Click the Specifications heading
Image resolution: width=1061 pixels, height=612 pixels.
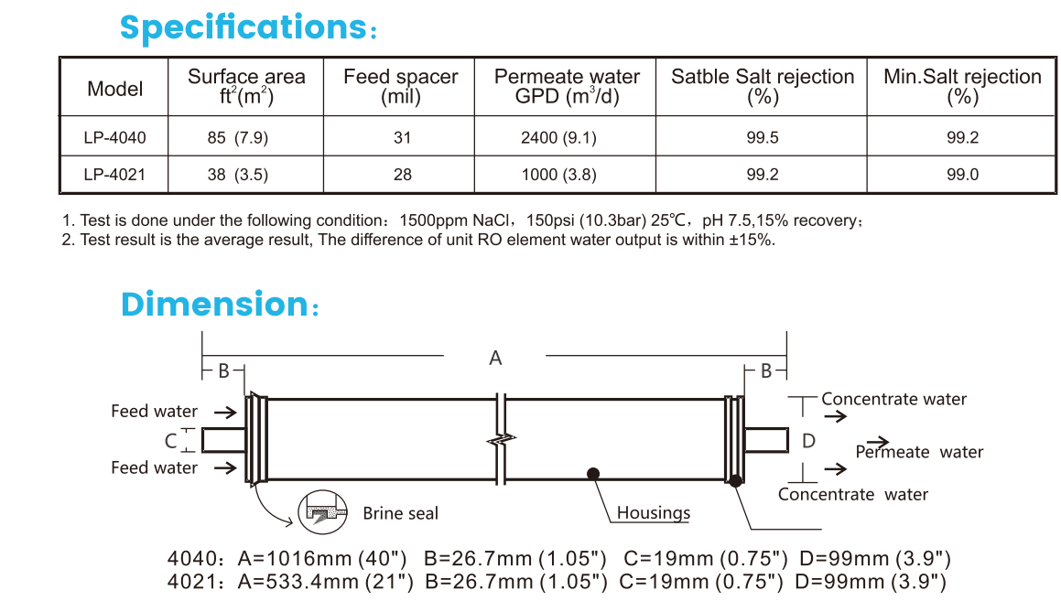point(248,27)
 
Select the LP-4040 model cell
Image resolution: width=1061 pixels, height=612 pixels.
point(115,138)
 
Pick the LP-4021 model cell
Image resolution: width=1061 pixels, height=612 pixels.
point(115,175)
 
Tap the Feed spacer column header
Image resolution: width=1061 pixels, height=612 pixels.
point(401,86)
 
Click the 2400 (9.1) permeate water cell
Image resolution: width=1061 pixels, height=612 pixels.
point(559,138)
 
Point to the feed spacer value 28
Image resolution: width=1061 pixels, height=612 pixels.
point(403,175)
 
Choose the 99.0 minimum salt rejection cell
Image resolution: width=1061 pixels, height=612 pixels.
point(963,175)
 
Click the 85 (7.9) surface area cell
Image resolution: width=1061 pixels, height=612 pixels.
point(237,138)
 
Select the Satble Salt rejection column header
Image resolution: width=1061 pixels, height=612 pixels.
point(763,86)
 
